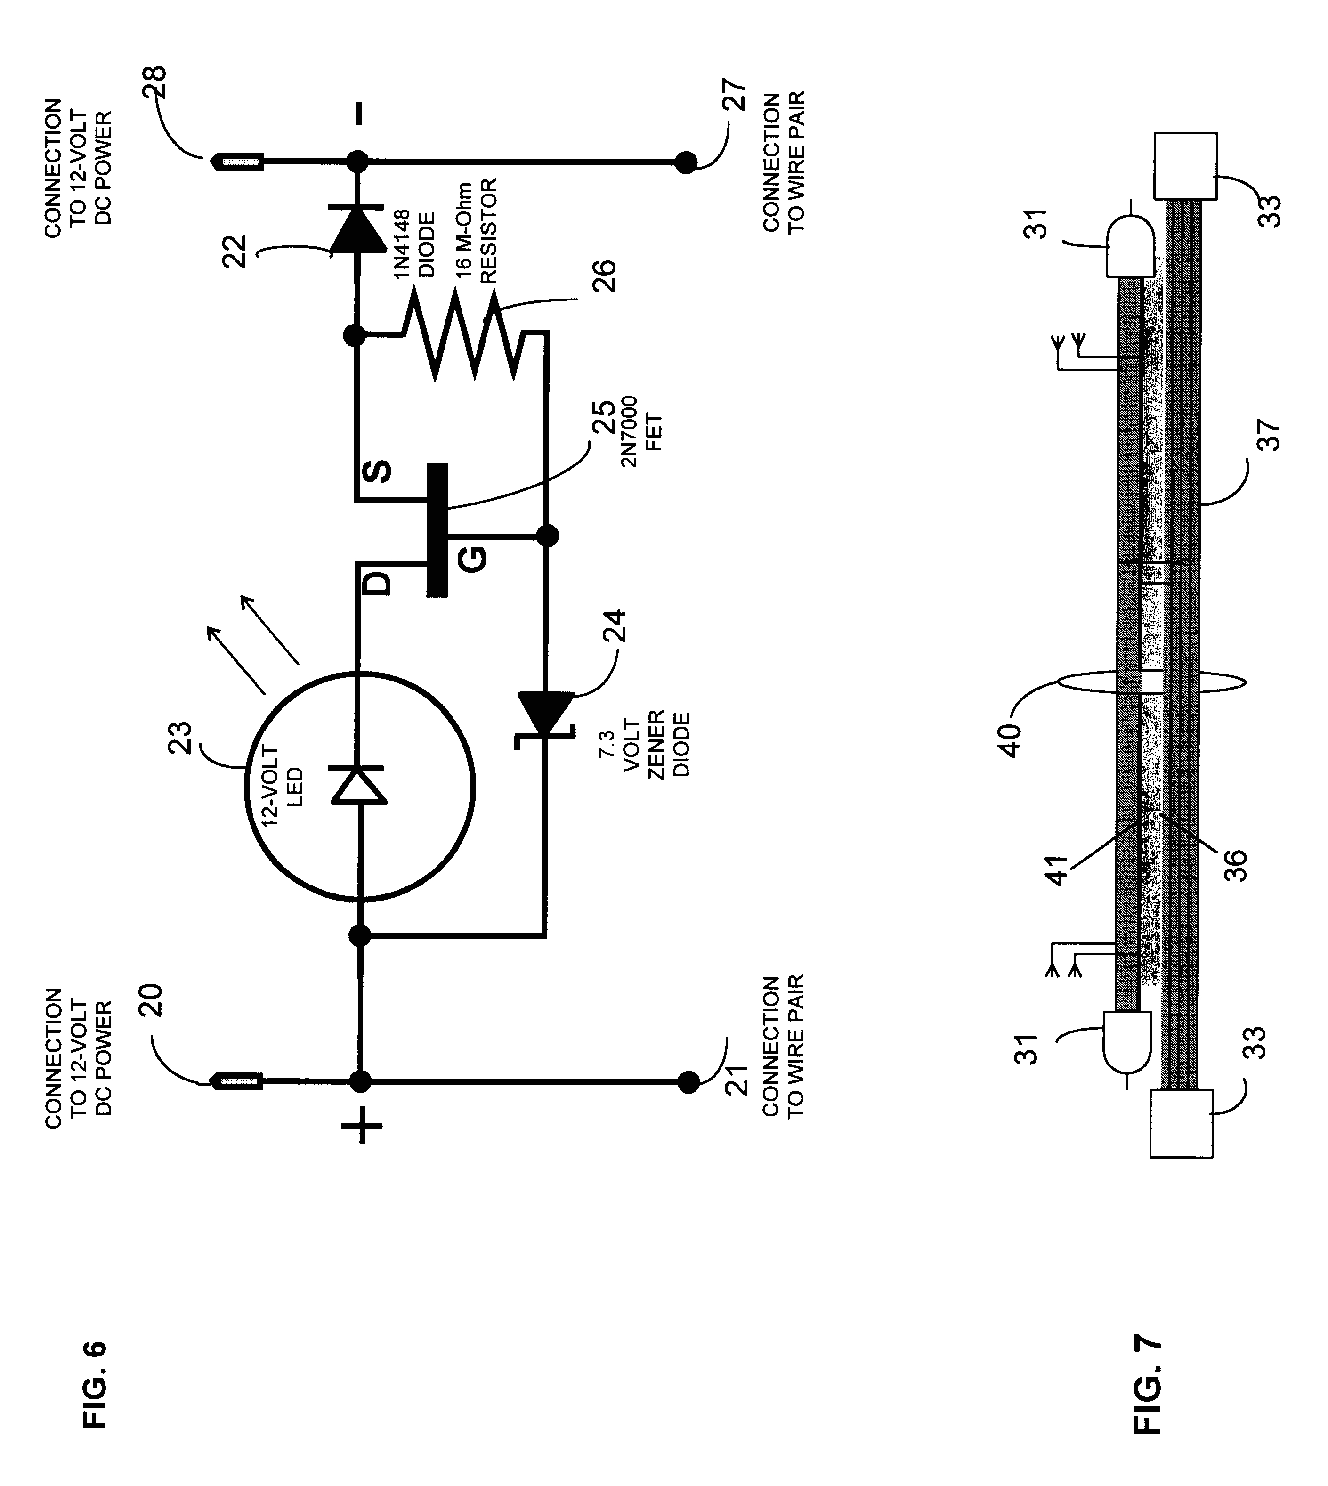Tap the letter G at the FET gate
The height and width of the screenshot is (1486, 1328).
(x=473, y=560)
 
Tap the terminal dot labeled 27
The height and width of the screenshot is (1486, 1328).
(x=685, y=162)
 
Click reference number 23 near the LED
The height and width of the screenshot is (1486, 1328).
(x=179, y=737)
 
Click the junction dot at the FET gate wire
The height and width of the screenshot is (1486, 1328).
(x=547, y=536)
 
